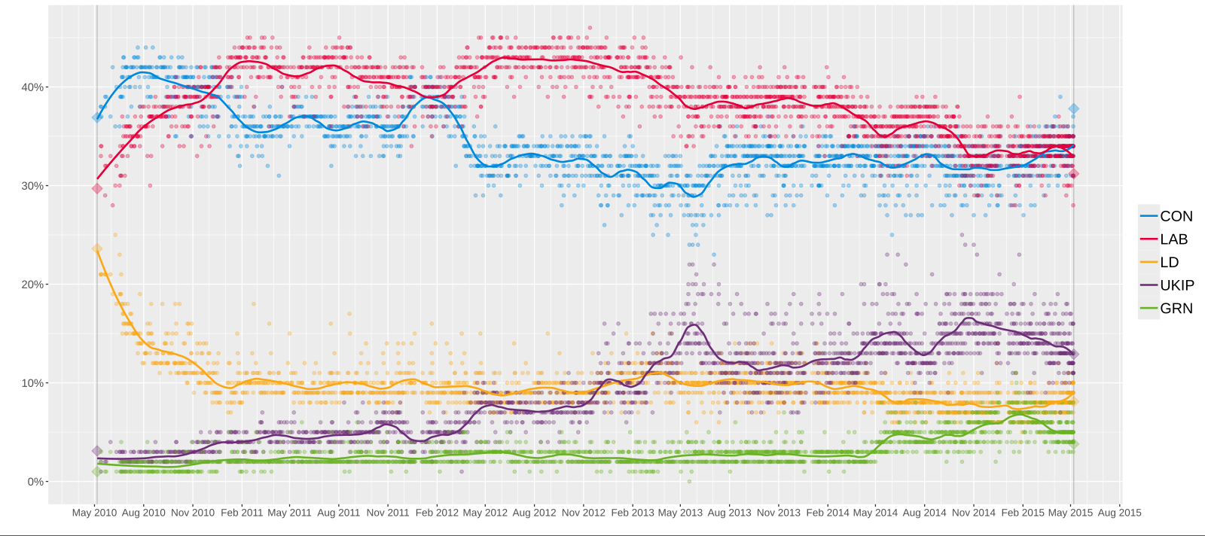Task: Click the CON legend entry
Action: pos(1176,216)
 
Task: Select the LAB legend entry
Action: pos(1173,239)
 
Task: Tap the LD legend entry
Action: pos(1169,262)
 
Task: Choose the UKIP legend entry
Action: pos(1176,285)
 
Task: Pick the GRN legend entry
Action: pos(1176,309)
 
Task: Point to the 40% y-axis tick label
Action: pos(32,87)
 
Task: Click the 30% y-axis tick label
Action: pos(32,186)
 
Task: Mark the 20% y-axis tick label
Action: pos(32,285)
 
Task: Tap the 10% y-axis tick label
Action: pos(32,383)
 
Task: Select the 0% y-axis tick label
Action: pos(35,482)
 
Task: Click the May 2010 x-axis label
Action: pos(94,513)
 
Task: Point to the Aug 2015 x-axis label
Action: pos(1119,513)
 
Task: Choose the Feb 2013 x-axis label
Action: pos(632,513)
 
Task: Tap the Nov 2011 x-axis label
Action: pos(388,513)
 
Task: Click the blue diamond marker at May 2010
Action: pos(97,117)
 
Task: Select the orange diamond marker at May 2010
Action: pos(97,249)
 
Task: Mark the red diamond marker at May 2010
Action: pos(97,188)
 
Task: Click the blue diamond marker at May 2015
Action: pos(1074,109)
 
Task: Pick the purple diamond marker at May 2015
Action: pos(1074,354)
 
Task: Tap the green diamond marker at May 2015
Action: pos(1074,444)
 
